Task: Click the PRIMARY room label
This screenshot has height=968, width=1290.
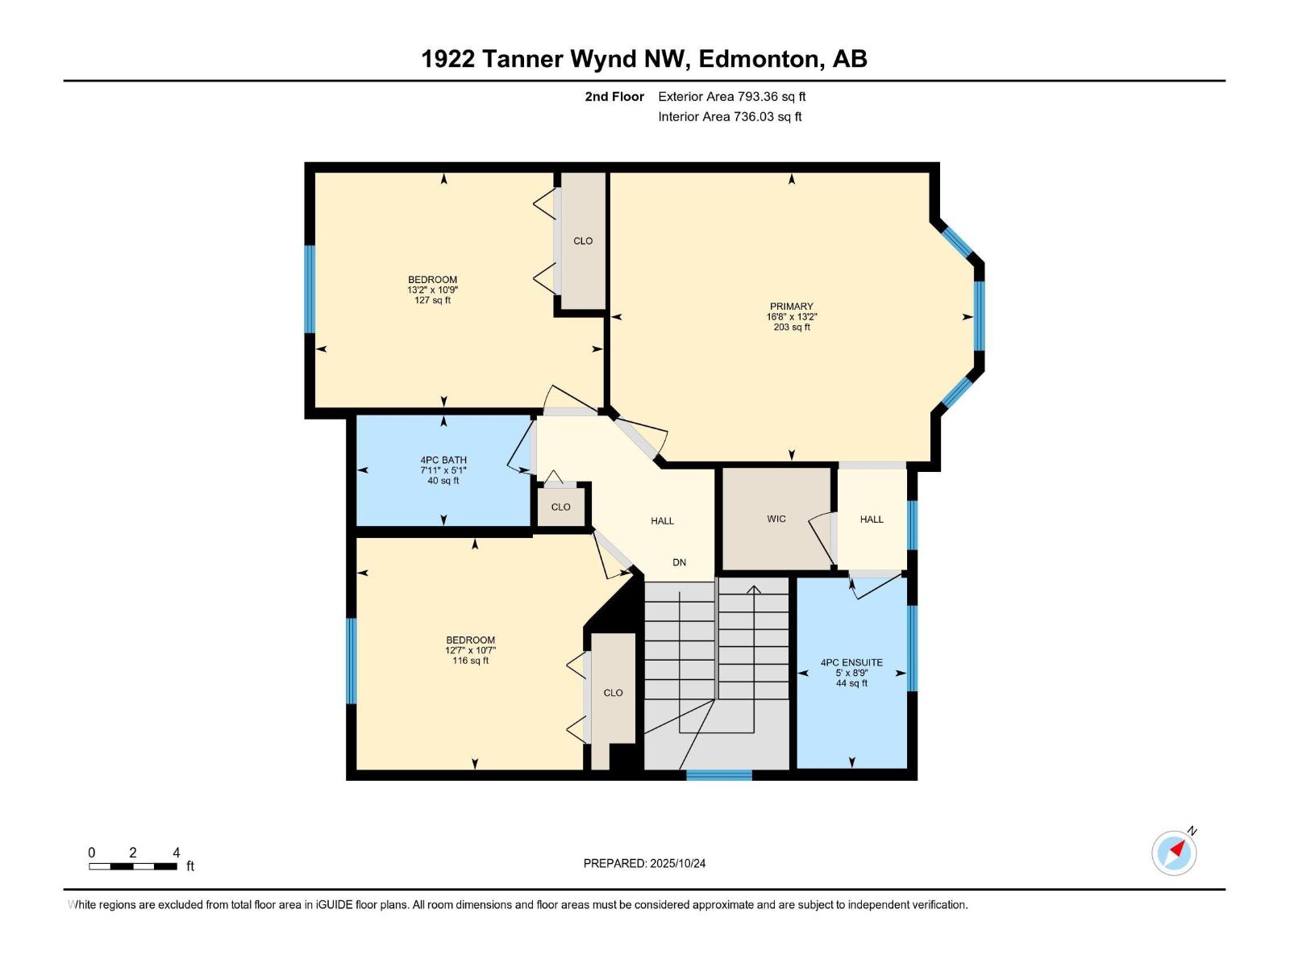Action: coord(791,307)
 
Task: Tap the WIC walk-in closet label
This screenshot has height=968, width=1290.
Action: coord(776,519)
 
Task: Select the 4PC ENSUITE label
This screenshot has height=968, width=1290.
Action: coord(851,662)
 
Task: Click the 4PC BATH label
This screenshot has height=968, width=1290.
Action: coord(443,460)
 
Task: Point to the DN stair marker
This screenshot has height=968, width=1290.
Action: coord(680,562)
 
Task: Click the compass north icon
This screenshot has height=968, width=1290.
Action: coord(1174,853)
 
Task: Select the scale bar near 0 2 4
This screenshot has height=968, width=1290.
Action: coord(133,866)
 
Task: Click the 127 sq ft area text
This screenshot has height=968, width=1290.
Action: coord(432,300)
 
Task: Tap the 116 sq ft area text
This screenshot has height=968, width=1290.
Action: coord(470,661)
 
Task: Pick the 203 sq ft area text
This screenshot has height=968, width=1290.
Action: coord(791,328)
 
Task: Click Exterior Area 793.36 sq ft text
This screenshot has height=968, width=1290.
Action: coord(732,97)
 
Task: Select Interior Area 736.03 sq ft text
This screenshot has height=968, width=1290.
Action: coord(730,117)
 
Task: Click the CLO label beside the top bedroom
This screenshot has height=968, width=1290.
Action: coord(583,241)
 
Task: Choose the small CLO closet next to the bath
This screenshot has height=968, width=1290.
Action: coord(561,507)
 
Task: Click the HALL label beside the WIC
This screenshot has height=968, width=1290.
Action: coord(872,519)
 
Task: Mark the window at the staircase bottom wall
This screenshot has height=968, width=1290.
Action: coord(718,775)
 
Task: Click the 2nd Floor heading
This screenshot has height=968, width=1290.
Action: coord(614,97)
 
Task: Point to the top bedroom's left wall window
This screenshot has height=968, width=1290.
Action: coord(309,289)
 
